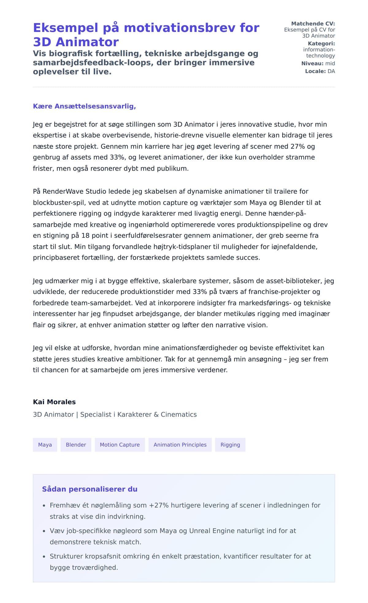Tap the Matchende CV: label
313,24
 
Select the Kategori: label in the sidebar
321,43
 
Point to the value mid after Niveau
330,63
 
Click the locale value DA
331,71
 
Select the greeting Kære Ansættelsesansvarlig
84,106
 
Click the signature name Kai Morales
54,402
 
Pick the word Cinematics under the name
178,414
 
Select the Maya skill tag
45,445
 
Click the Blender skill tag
76,445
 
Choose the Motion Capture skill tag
120,445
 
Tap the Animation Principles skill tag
180,445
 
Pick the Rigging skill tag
230,445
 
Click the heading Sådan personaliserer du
90,489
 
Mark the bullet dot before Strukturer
44,557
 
